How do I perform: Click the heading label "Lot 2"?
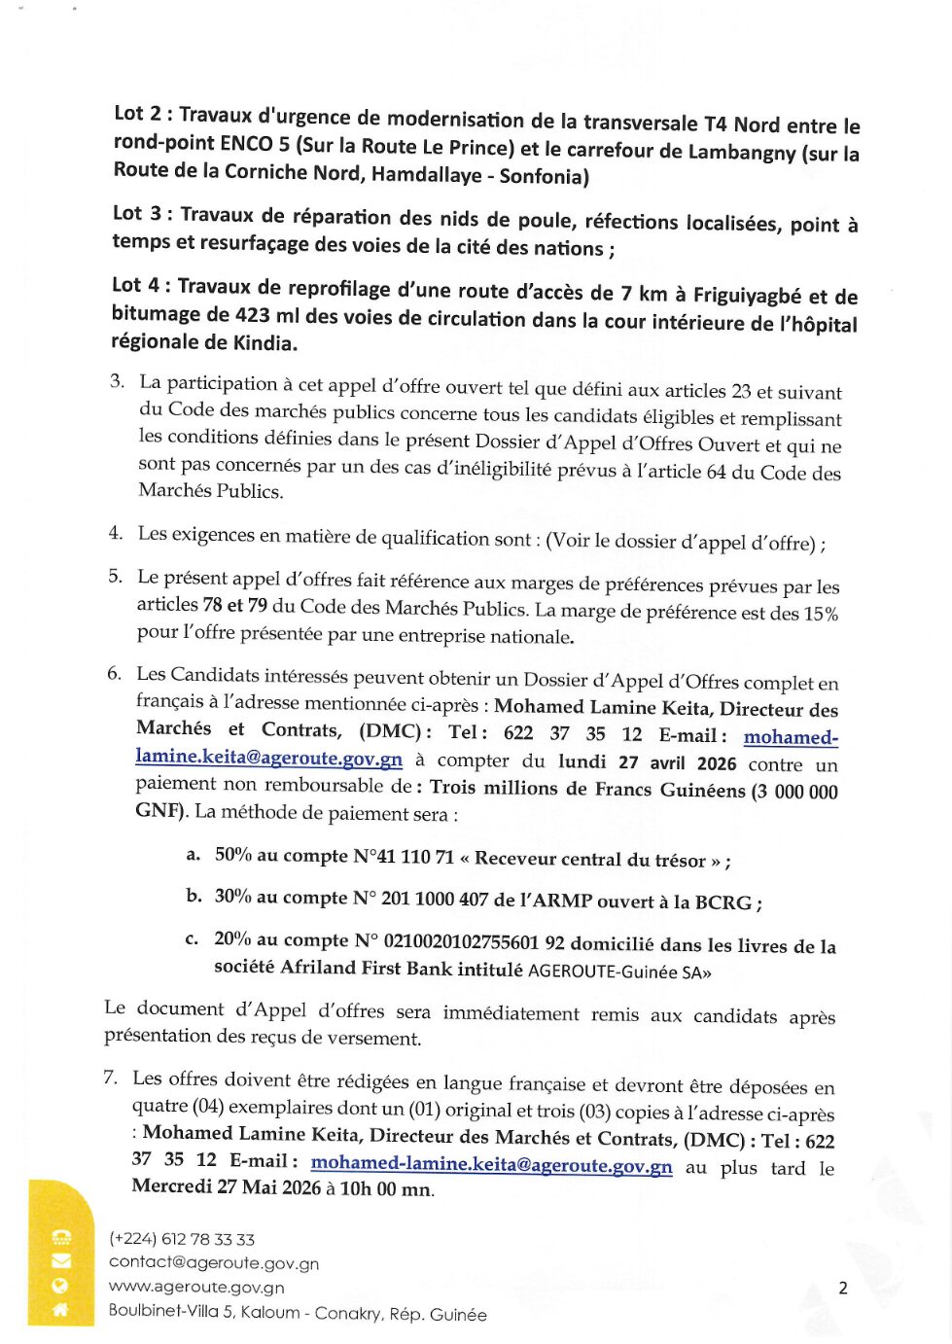coord(137,114)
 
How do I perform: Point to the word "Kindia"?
coord(264,342)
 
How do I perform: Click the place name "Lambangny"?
coord(742,153)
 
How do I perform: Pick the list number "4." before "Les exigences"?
coord(116,533)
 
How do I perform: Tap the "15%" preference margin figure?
coord(820,614)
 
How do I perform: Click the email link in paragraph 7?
coord(491,1164)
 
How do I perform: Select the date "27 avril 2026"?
coord(677,763)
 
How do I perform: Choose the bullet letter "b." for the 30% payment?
coord(194,896)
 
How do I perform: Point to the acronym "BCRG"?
coord(723,902)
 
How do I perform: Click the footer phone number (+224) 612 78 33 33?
coord(182,1239)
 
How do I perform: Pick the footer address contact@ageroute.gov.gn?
coord(214,1262)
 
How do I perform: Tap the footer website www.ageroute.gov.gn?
coord(196,1287)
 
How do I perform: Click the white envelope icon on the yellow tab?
coord(61,1261)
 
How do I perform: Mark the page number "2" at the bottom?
coord(842,1289)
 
